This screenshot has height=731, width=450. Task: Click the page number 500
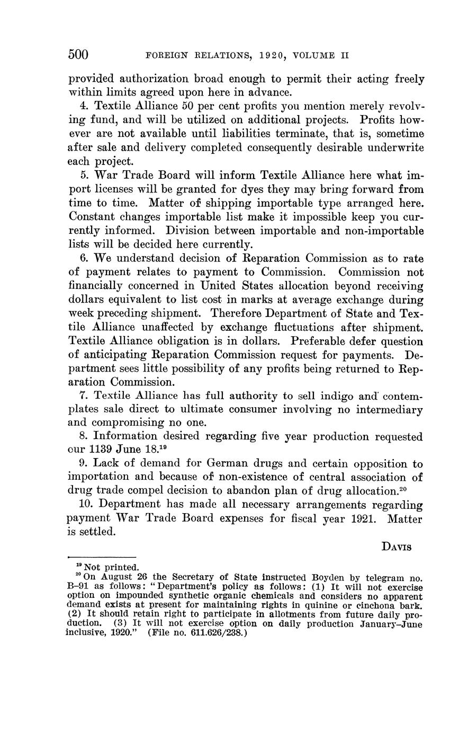(x=78, y=55)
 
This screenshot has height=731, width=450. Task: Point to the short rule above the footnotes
(x=102, y=557)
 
